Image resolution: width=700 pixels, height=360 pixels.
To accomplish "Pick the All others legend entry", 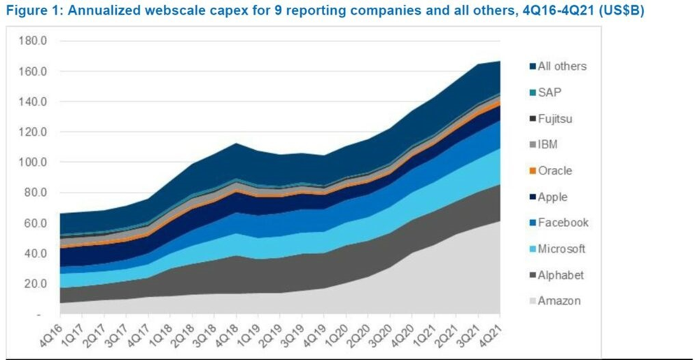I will pyautogui.click(x=561, y=67).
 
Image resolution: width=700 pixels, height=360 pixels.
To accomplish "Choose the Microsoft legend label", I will pyautogui.click(x=562, y=249).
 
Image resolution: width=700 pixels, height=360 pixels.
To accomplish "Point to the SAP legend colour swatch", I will pyautogui.click(x=533, y=92).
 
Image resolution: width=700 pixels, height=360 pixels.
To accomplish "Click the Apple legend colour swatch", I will pyautogui.click(x=533, y=197).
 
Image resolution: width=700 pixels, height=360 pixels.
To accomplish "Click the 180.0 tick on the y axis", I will pyautogui.click(x=33, y=41).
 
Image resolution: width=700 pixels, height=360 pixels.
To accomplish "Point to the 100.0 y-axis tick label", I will pyautogui.click(x=33, y=162).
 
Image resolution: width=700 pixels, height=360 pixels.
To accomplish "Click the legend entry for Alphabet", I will pyautogui.click(x=561, y=275).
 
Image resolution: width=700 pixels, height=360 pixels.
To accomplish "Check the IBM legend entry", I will pyautogui.click(x=548, y=145).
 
